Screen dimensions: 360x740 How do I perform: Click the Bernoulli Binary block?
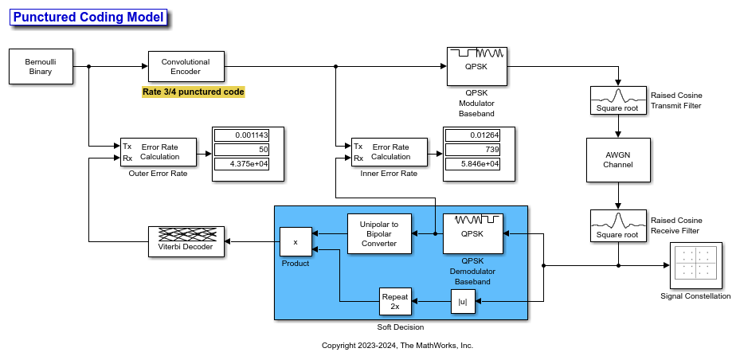click(x=41, y=66)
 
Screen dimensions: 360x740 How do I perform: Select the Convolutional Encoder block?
click(x=186, y=66)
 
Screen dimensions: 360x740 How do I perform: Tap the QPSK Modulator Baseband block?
click(x=476, y=66)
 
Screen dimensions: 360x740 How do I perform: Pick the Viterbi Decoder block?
click(x=186, y=241)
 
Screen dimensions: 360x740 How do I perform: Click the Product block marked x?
click(x=296, y=241)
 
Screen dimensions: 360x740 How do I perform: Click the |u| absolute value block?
click(x=461, y=301)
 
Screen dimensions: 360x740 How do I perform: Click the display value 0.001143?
click(x=248, y=136)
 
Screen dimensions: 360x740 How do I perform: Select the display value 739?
click(x=479, y=150)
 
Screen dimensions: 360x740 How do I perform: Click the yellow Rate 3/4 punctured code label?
click(x=193, y=92)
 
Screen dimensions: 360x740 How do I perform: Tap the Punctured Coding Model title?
click(x=88, y=17)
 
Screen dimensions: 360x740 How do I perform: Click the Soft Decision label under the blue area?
click(x=401, y=327)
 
